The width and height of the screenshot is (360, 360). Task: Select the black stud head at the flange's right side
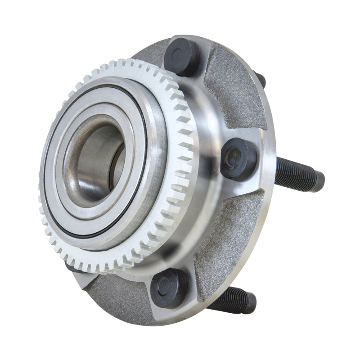tap(239, 158)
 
